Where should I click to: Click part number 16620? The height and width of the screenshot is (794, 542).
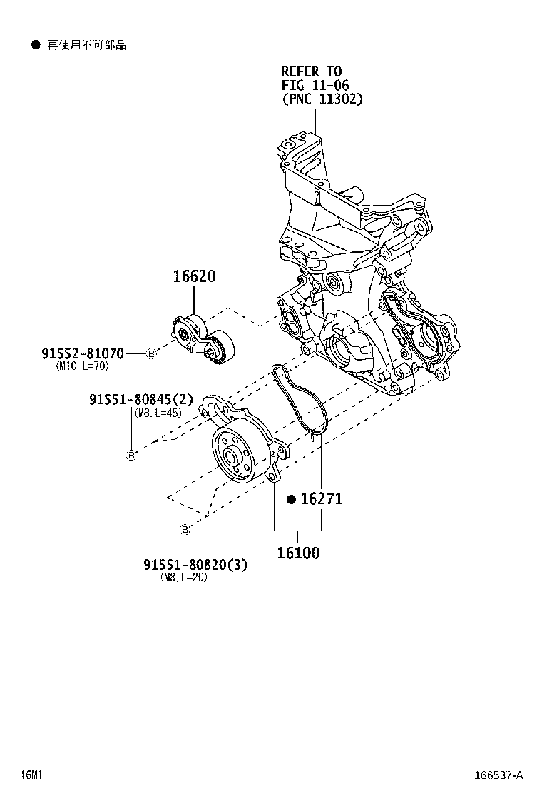point(193,276)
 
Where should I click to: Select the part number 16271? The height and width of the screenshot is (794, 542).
point(320,499)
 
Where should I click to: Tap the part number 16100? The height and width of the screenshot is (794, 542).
point(298,552)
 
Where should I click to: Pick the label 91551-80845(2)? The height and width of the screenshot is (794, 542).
point(141,399)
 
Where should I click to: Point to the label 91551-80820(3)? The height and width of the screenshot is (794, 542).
point(195,565)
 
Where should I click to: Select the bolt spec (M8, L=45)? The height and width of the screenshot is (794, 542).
point(156,412)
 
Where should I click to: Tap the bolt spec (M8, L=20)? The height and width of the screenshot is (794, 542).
point(184,578)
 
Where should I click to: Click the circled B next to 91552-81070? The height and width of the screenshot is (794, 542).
point(151,353)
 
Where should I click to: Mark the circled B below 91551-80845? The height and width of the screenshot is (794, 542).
point(131,455)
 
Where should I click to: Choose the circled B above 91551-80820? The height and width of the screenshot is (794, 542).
point(185,529)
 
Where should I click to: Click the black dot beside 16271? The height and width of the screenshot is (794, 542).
point(291,499)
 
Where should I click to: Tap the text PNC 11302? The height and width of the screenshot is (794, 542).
point(322,99)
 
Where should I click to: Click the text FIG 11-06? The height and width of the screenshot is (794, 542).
point(315,85)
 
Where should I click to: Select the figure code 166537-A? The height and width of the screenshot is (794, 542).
point(499,775)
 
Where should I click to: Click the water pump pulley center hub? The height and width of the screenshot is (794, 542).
point(232,458)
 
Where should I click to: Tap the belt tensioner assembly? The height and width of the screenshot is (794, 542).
point(203,340)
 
